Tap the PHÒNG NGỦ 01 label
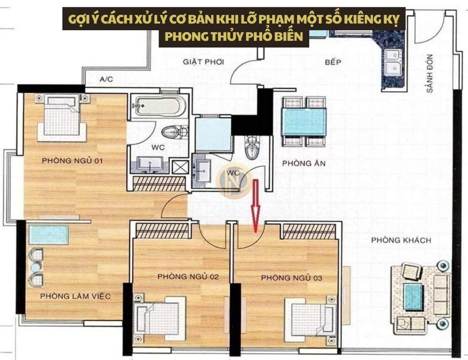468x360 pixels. pos(72,161)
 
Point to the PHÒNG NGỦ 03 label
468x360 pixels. pos(291,278)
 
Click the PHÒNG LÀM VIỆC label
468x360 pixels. pos(75,296)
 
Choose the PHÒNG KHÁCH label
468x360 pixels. pos(401,240)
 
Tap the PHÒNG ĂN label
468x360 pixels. pos(303,164)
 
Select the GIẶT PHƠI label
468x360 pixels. pos(203,61)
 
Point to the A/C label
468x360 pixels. pos(106,80)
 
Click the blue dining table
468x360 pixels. pos(304,121)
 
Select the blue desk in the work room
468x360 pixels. pos(48,235)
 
